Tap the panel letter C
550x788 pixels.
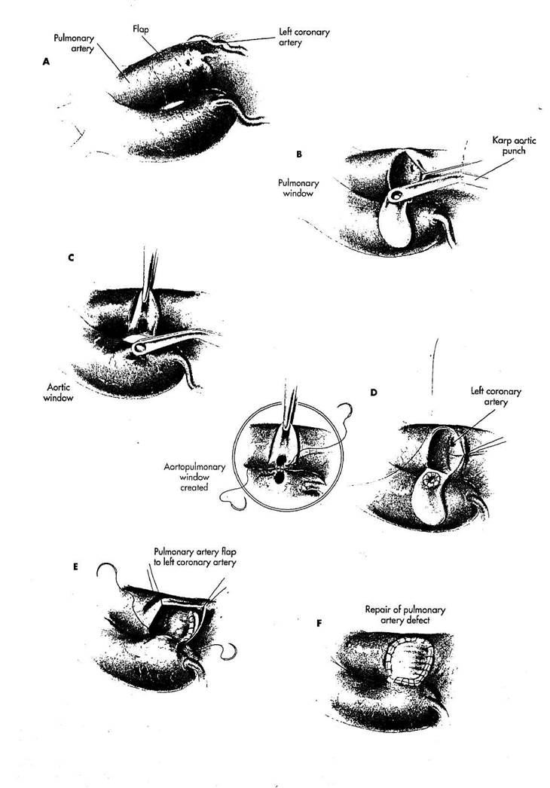click(x=70, y=257)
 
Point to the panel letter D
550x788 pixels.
click(x=374, y=392)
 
